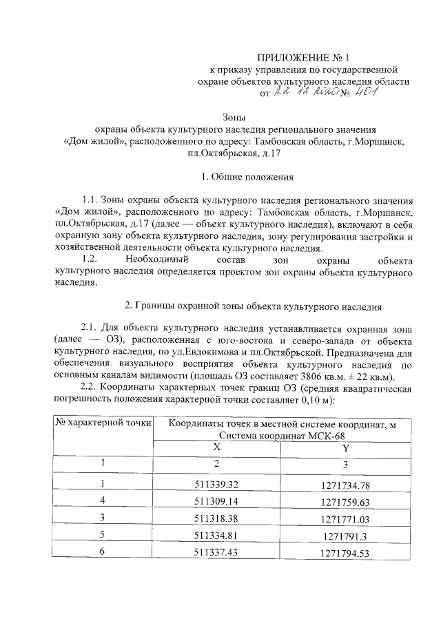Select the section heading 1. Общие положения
click(247, 177)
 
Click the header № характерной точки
click(103, 422)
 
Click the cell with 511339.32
click(216, 485)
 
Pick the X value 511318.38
click(216, 518)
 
